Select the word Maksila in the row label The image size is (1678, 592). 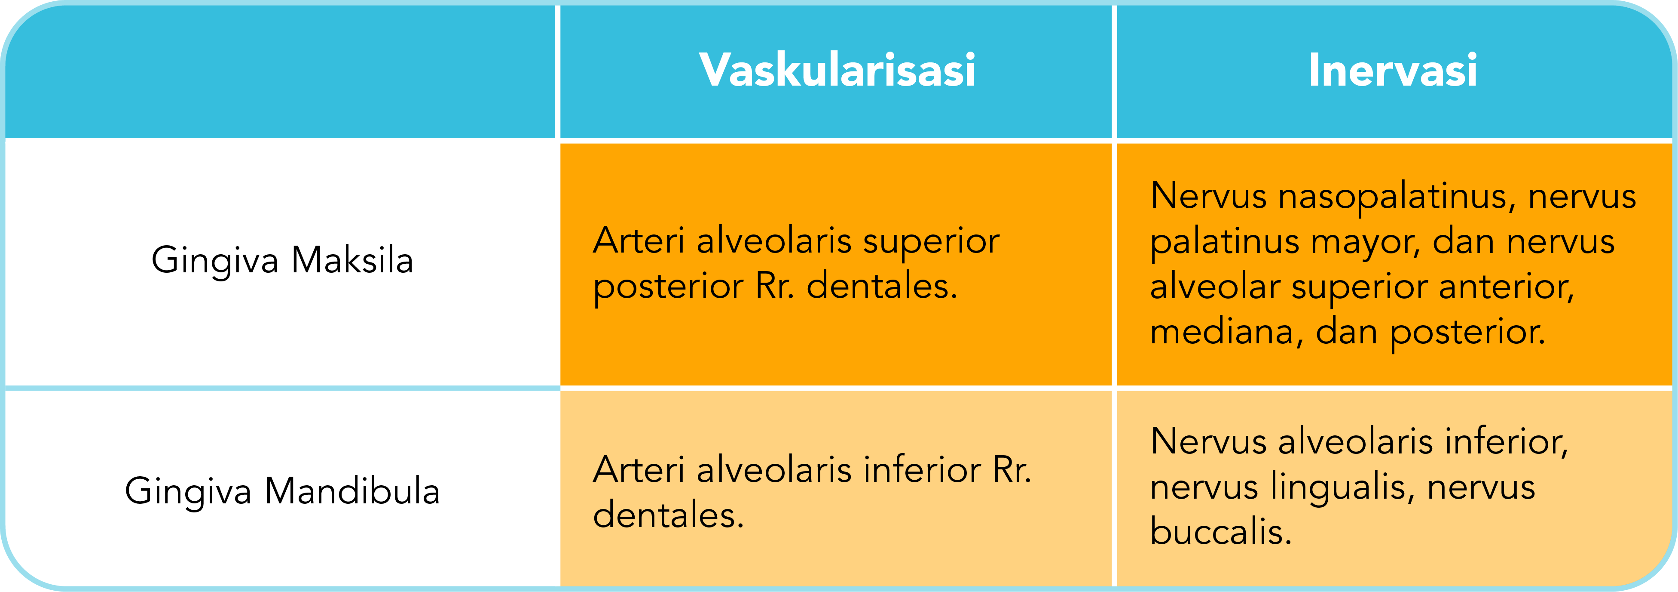352,261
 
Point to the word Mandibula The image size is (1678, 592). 352,491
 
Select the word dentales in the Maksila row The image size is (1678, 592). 881,286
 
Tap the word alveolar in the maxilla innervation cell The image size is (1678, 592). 1215,287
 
